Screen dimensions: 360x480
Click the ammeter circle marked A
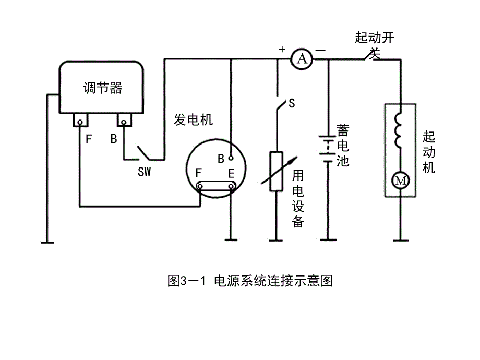point(301,60)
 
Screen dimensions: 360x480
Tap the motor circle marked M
point(401,181)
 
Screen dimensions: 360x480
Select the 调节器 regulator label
point(102,88)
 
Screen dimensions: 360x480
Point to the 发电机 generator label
point(193,120)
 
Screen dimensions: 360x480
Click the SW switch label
point(144,171)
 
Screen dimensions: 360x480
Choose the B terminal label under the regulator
point(114,139)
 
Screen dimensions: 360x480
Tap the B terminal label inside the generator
point(221,157)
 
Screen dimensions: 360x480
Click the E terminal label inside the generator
point(231,173)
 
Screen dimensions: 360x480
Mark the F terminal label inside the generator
point(198,173)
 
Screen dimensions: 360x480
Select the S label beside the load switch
point(291,104)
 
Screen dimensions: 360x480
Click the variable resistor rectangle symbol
point(276,172)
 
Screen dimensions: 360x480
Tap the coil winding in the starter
point(400,131)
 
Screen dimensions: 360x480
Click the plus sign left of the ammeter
point(282,50)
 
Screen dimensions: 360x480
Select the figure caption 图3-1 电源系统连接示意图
point(250,282)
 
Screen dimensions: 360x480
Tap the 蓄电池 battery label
point(343,145)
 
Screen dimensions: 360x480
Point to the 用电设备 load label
point(298,198)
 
